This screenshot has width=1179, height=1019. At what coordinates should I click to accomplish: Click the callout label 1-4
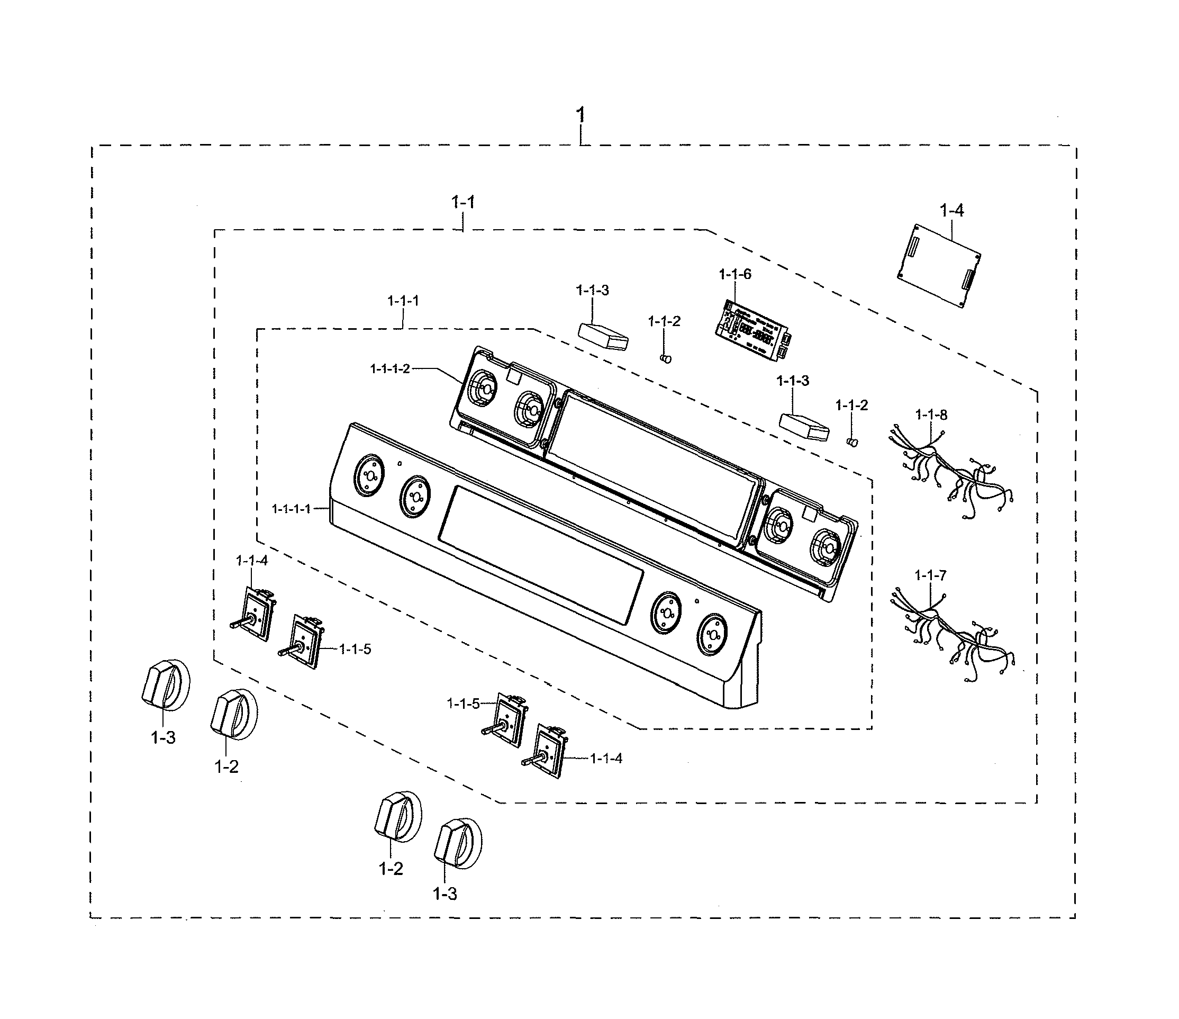951,211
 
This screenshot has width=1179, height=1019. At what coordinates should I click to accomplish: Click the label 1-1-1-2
390,369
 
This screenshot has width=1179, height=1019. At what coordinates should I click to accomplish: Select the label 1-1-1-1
292,508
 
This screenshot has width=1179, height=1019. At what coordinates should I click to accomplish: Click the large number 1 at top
580,115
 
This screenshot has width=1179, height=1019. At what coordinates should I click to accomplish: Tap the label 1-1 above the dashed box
462,202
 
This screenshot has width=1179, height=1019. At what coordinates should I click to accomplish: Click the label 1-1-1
403,301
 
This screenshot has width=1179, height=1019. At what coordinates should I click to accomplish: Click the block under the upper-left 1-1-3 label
603,336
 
